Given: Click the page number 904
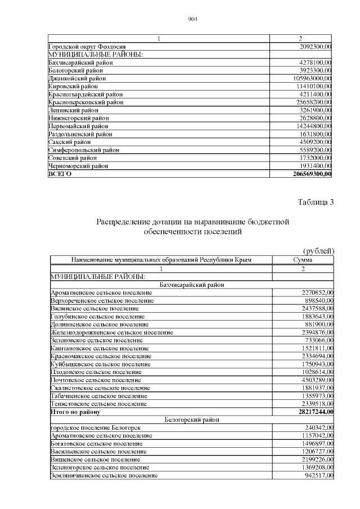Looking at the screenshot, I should click(x=192, y=20).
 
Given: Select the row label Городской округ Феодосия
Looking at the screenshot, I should click(x=87, y=46).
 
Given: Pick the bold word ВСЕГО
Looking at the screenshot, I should click(x=60, y=174).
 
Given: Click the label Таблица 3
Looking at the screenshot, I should click(x=316, y=202).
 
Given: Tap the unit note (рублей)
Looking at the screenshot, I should click(x=318, y=250).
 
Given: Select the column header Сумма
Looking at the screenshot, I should click(x=303, y=260).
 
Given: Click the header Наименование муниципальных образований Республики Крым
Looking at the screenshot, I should click(x=161, y=260).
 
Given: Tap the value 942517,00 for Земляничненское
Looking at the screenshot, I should click(x=316, y=476).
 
